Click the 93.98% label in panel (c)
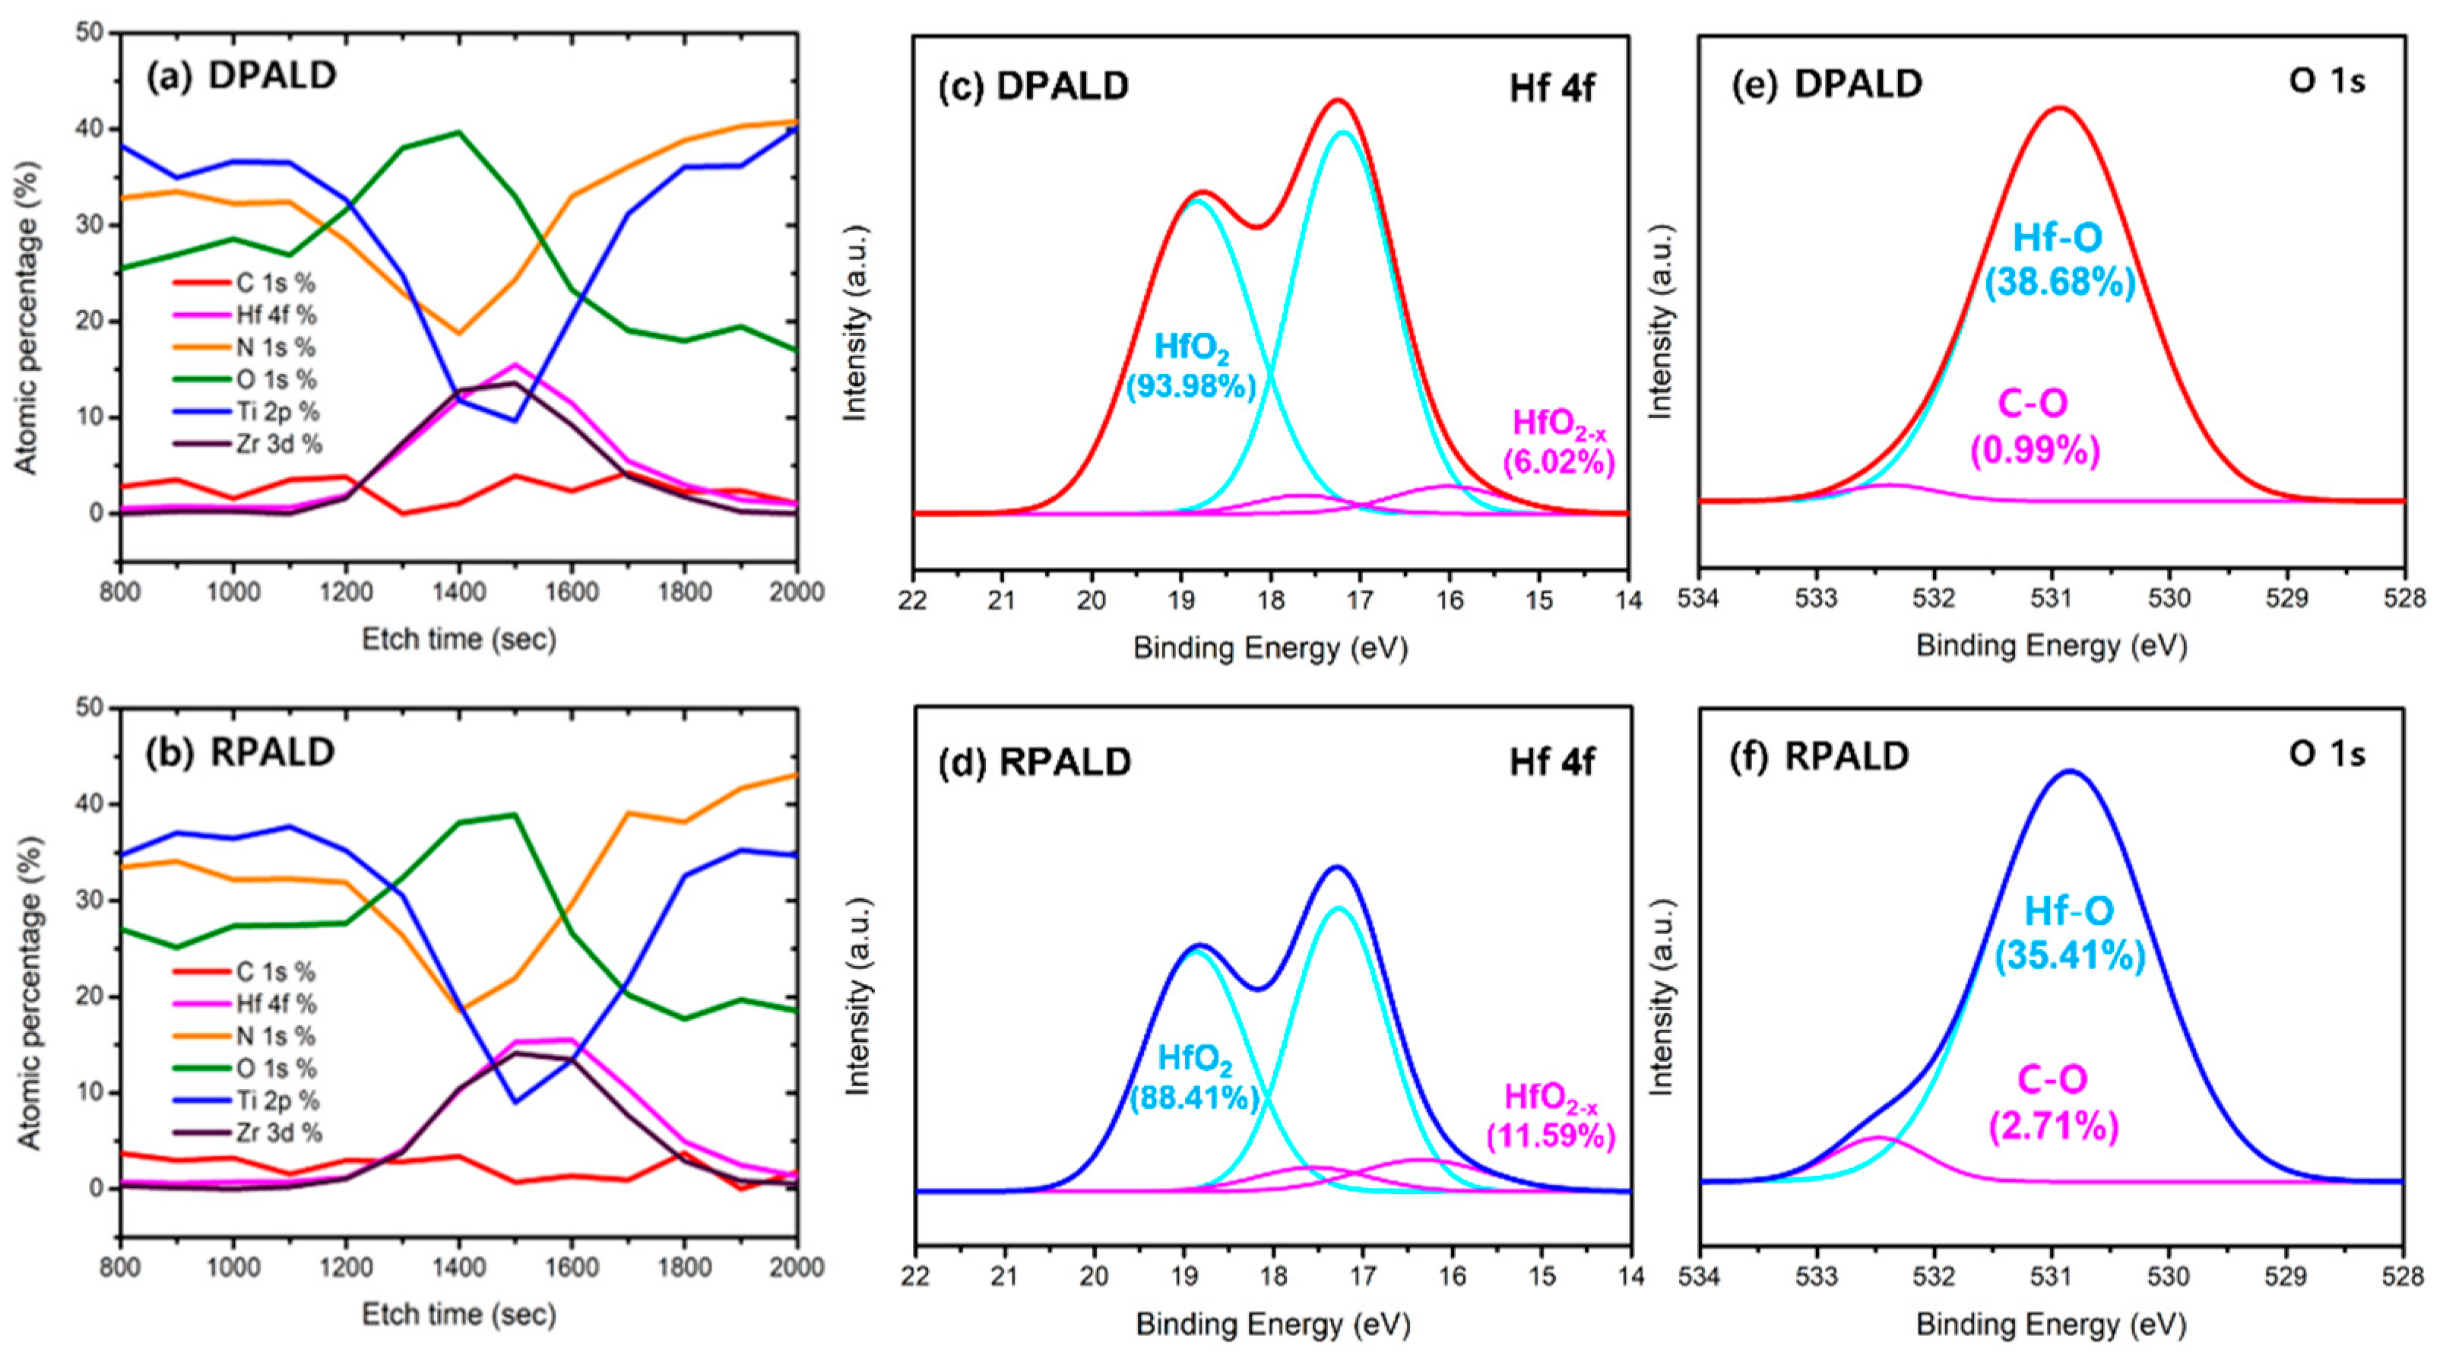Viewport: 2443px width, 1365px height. (1191, 386)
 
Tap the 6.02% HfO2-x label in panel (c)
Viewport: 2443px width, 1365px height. (1559, 462)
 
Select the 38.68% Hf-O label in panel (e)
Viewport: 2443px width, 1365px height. (2060, 283)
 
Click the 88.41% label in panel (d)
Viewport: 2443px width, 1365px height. (1195, 1097)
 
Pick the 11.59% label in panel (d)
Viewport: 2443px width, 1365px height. (1551, 1135)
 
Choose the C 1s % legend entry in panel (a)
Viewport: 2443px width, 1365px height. (275, 283)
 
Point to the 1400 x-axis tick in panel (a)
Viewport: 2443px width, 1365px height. (459, 592)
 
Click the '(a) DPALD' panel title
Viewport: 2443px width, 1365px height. (241, 76)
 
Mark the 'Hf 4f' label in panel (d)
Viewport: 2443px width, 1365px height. (1551, 762)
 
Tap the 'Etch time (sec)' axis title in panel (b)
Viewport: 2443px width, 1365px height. (459, 1314)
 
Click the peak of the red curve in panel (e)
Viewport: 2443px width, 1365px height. (2060, 107)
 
